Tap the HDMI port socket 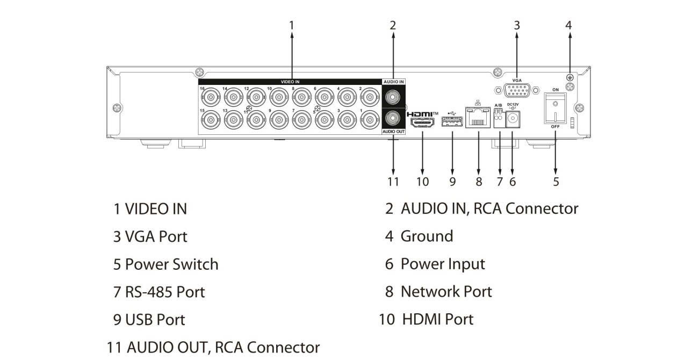[x=422, y=123]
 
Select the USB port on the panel [x=452, y=123]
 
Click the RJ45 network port [x=478, y=118]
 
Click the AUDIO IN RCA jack [x=393, y=97]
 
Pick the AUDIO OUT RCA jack [x=393, y=118]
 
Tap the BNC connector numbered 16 [x=209, y=97]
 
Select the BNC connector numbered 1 [x=369, y=119]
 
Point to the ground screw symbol [x=569, y=78]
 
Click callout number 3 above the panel [x=517, y=25]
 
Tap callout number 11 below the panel [x=393, y=182]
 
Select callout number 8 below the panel [x=479, y=182]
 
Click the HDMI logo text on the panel [x=422, y=114]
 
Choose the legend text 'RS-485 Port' [x=165, y=292]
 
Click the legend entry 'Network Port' [x=446, y=292]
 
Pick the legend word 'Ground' [x=427, y=236]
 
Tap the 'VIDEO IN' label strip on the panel [x=290, y=82]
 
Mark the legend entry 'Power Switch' [x=171, y=264]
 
